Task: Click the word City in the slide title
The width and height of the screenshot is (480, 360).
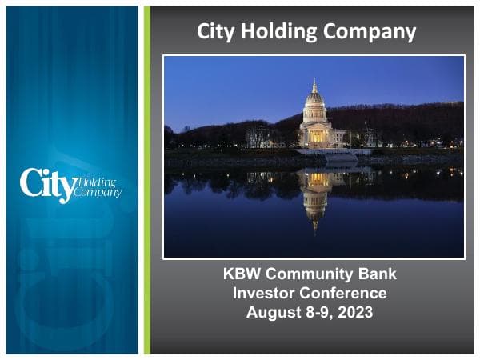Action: tap(217, 32)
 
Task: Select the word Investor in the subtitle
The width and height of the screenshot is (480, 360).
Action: tap(263, 293)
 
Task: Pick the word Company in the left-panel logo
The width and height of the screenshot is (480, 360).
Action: tap(98, 192)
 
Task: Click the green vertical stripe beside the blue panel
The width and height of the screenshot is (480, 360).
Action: tap(146, 180)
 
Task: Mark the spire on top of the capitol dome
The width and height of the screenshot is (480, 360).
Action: tap(314, 82)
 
